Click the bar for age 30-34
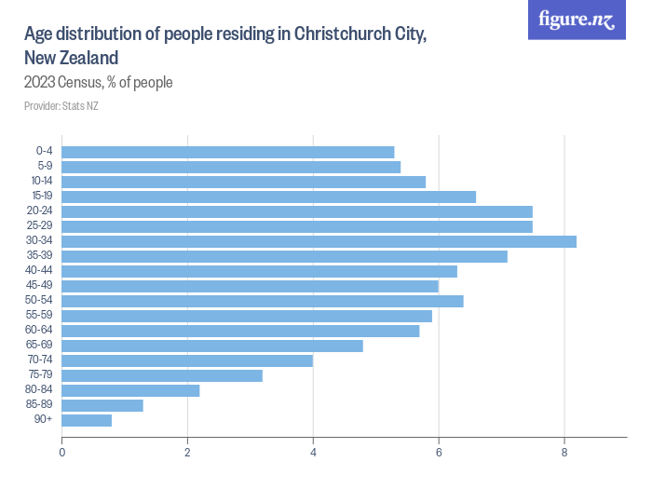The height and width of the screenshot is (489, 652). [319, 241]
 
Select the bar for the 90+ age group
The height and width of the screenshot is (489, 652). [87, 420]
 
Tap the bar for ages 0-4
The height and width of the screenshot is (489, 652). [228, 152]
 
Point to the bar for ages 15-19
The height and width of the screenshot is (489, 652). [268, 197]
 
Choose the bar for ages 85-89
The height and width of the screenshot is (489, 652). [102, 405]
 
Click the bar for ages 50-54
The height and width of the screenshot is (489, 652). [263, 301]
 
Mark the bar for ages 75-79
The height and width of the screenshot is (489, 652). [162, 375]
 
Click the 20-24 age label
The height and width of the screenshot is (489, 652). [39, 211]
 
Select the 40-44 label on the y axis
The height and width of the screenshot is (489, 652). [39, 271]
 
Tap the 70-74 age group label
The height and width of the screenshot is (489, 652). [39, 360]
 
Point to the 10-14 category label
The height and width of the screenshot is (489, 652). [41, 182]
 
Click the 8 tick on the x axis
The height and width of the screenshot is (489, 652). [564, 453]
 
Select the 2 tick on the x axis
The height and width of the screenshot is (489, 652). [187, 453]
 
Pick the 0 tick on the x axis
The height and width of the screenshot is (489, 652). [62, 453]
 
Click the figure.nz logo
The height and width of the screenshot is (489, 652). [577, 20]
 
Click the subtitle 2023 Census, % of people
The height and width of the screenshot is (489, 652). [99, 83]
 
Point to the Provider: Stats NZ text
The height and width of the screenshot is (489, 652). [61, 106]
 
